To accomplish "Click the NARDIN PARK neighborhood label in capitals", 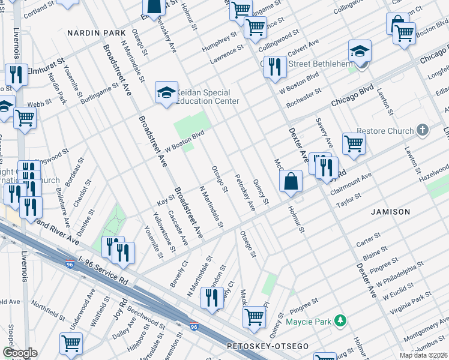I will pos(97,32).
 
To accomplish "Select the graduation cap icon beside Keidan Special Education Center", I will pos(166,93).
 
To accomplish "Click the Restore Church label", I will pos(385,131).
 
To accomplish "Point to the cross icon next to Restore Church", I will pos(423,130).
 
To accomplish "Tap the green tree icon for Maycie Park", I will pos(340,321).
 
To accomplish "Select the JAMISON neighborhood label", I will pos(390,212).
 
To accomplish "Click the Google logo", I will pos(20,353).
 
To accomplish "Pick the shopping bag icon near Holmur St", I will pos(291,182).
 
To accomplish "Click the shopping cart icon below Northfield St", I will pos(71,344).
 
